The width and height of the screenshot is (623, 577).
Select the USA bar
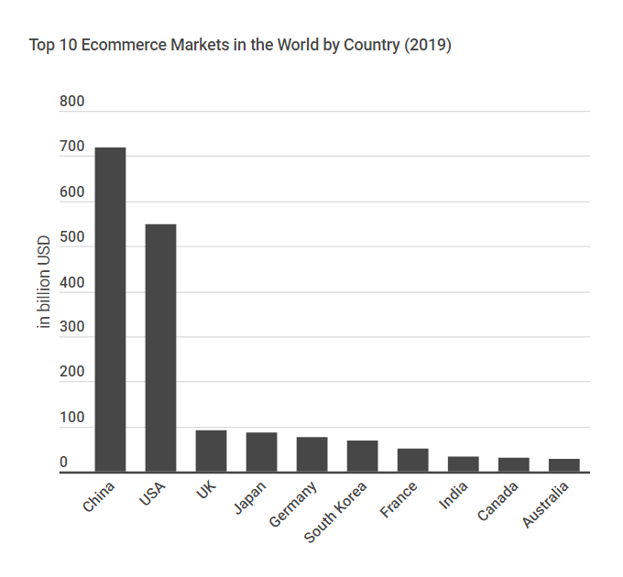pos(160,348)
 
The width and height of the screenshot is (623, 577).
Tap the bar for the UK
pos(211,451)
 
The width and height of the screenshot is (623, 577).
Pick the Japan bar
pos(261,452)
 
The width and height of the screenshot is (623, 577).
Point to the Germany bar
pos(311,454)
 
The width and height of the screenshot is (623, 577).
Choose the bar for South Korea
pos(362,456)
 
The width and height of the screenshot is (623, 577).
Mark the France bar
pos(412,460)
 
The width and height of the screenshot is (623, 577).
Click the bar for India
pos(463,464)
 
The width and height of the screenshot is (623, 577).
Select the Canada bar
pos(513,464)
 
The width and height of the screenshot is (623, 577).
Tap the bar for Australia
pos(563,465)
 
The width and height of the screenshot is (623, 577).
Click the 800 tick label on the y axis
pos(71,102)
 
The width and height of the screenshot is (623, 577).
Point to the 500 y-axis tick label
pos(71,237)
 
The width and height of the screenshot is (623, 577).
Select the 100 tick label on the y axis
pos(71,418)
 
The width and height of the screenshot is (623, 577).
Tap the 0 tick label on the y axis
pos(64,463)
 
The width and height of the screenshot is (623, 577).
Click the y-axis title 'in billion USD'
pos(43,287)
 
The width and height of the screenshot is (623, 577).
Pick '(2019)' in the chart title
pos(427,45)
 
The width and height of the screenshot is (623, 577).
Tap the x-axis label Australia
pos(547,505)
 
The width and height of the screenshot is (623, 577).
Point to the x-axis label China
pos(99,495)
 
